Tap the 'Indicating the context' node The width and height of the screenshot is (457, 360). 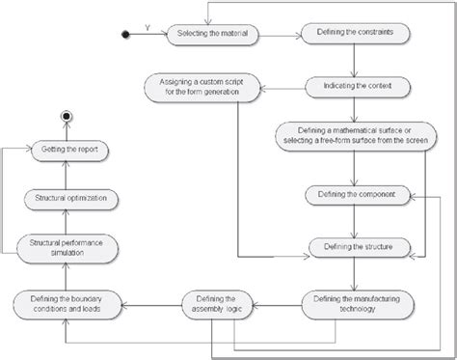click(x=353, y=86)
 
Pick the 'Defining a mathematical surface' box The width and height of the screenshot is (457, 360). click(x=353, y=136)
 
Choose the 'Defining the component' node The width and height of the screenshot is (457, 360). click(x=353, y=194)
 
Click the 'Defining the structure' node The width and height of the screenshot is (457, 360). click(x=353, y=248)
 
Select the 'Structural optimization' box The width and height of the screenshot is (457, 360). click(x=66, y=199)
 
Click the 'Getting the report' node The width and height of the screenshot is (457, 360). click(x=66, y=150)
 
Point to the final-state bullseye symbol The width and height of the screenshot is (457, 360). click(x=66, y=116)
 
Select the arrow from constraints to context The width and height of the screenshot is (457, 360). click(x=353, y=60)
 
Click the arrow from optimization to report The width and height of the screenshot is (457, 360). click(x=66, y=175)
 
